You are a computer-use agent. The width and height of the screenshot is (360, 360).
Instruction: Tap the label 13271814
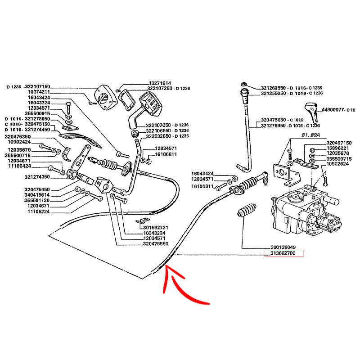click(160, 83)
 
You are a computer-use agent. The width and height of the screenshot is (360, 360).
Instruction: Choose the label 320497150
click(338, 143)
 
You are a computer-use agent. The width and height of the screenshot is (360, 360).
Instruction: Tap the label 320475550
click(154, 243)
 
